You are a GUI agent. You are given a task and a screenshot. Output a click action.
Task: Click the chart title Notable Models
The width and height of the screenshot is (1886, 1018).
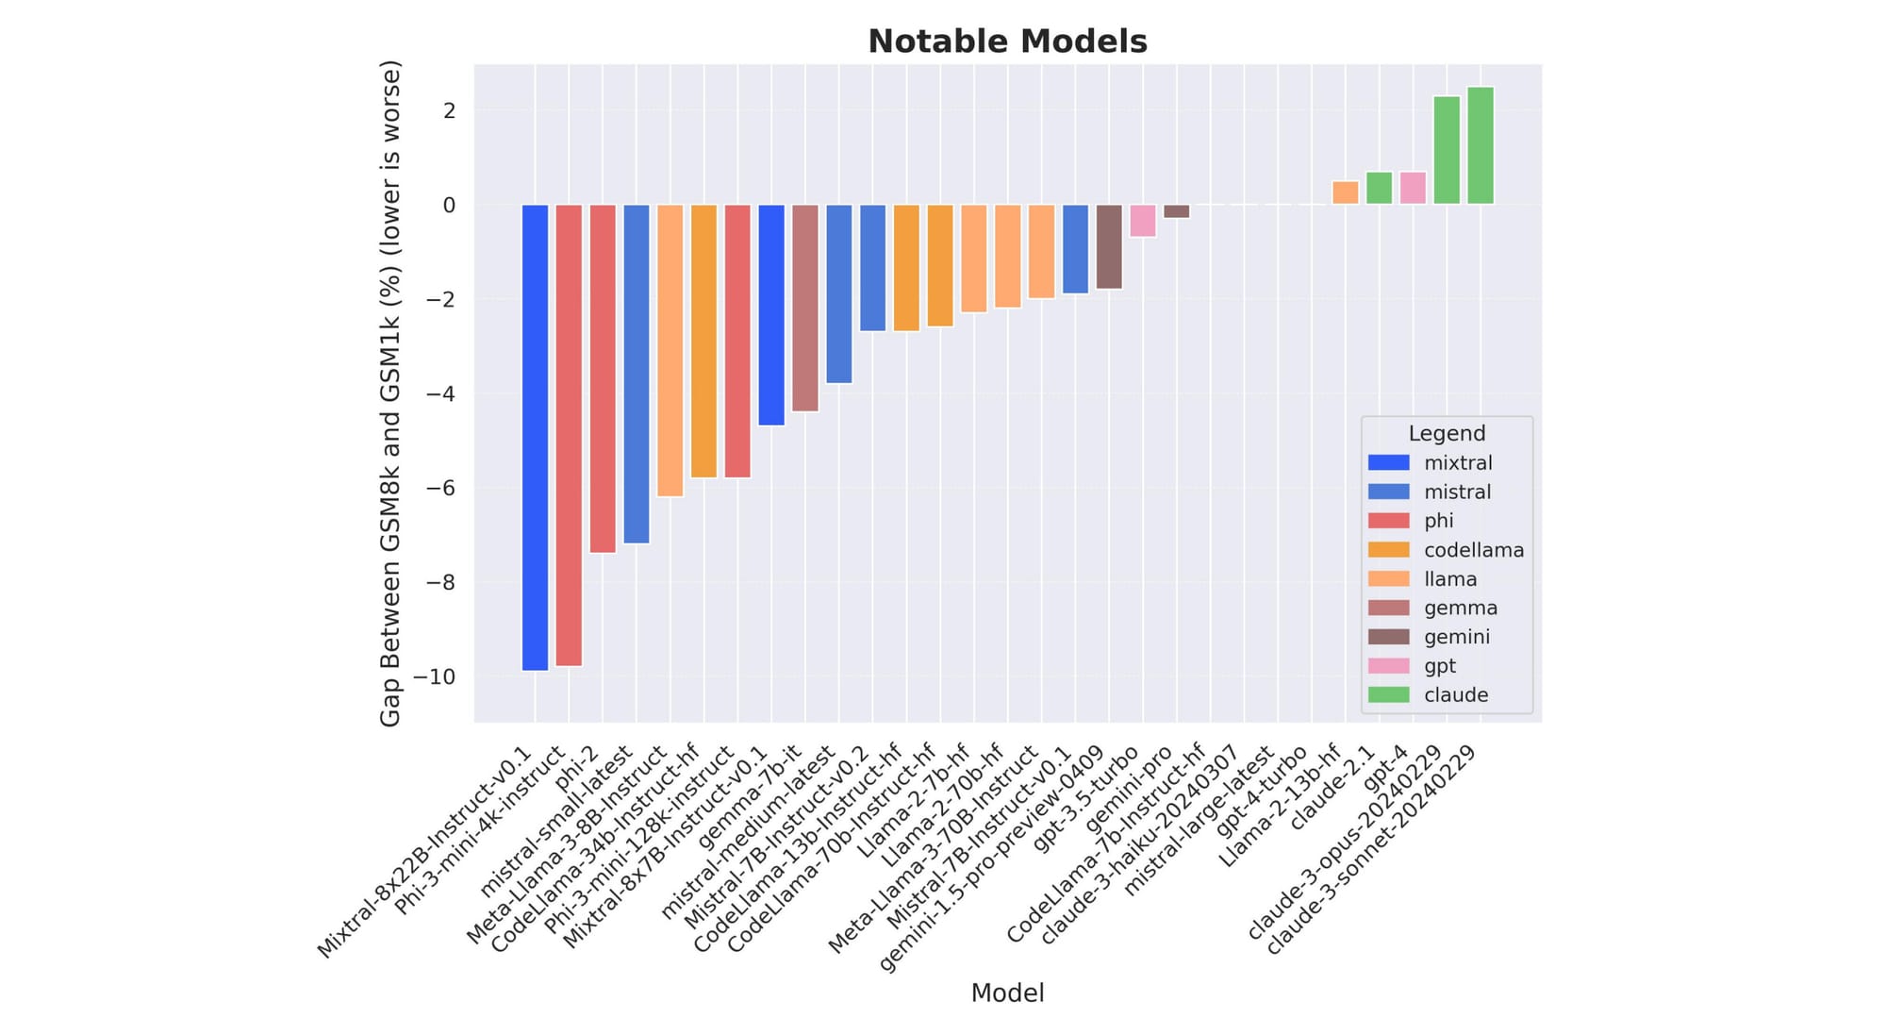pyautogui.click(x=1007, y=42)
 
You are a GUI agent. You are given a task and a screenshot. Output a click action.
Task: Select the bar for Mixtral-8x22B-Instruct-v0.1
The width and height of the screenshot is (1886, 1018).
pyautogui.click(x=535, y=437)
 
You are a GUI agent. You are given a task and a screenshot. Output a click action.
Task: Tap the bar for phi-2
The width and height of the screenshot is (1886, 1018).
pyautogui.click(x=603, y=378)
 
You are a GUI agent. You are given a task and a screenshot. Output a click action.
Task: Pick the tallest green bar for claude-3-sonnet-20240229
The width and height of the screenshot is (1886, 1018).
pyautogui.click(x=1481, y=145)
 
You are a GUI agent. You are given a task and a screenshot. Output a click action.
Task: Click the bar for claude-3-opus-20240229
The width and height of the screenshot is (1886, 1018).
pyautogui.click(x=1447, y=150)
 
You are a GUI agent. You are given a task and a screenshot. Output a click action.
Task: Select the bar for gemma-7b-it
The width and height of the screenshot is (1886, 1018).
pyautogui.click(x=805, y=308)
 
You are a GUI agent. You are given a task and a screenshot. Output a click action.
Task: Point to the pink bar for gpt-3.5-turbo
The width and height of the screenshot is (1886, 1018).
pyautogui.click(x=1143, y=221)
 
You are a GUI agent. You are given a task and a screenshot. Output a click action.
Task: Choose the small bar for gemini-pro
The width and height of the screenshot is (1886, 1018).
pyautogui.click(x=1177, y=211)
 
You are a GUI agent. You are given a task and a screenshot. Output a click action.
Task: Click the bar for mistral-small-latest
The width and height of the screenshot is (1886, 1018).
pyautogui.click(x=637, y=374)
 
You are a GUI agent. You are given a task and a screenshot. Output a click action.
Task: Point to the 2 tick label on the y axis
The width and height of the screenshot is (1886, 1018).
pyautogui.click(x=449, y=110)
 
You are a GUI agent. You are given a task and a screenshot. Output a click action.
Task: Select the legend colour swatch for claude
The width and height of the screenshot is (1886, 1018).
pyautogui.click(x=1388, y=694)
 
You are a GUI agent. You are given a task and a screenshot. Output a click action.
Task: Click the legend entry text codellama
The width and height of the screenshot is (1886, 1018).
pyautogui.click(x=1474, y=550)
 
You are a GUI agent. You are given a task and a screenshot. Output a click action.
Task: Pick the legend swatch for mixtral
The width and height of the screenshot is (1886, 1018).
pyautogui.click(x=1388, y=462)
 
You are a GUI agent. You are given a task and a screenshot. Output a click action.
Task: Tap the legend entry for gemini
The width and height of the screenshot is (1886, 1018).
pyautogui.click(x=1457, y=637)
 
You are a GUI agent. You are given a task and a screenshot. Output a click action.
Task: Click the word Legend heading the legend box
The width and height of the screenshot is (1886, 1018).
pyautogui.click(x=1447, y=433)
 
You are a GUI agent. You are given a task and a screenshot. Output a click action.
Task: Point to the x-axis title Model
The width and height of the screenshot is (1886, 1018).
pyautogui.click(x=1007, y=993)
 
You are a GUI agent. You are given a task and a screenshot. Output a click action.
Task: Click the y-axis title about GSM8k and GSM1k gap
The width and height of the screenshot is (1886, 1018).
pyautogui.click(x=390, y=393)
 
